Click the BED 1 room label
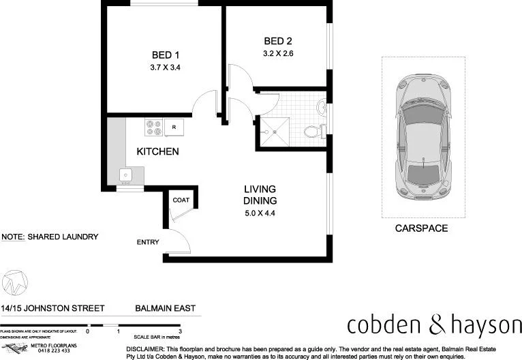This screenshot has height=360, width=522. pyautogui.click(x=164, y=55)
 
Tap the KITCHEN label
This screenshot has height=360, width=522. pyautogui.click(x=157, y=151)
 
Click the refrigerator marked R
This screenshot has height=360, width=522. pyautogui.click(x=174, y=126)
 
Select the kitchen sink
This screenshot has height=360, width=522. pyautogui.click(x=126, y=175)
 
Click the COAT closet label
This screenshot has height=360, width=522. pyautogui.click(x=181, y=200)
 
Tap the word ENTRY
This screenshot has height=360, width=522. pyautogui.click(x=148, y=243)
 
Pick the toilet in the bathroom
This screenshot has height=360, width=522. pyautogui.click(x=313, y=130)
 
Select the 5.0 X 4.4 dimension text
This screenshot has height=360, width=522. pyautogui.click(x=260, y=213)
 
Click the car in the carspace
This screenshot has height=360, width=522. pyautogui.click(x=423, y=136)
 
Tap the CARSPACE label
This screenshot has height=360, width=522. pyautogui.click(x=421, y=228)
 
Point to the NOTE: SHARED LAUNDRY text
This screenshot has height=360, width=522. pyautogui.click(x=50, y=237)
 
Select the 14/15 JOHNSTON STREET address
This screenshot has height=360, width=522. pyautogui.click(x=52, y=308)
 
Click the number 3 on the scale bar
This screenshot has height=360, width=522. pyautogui.click(x=179, y=331)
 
